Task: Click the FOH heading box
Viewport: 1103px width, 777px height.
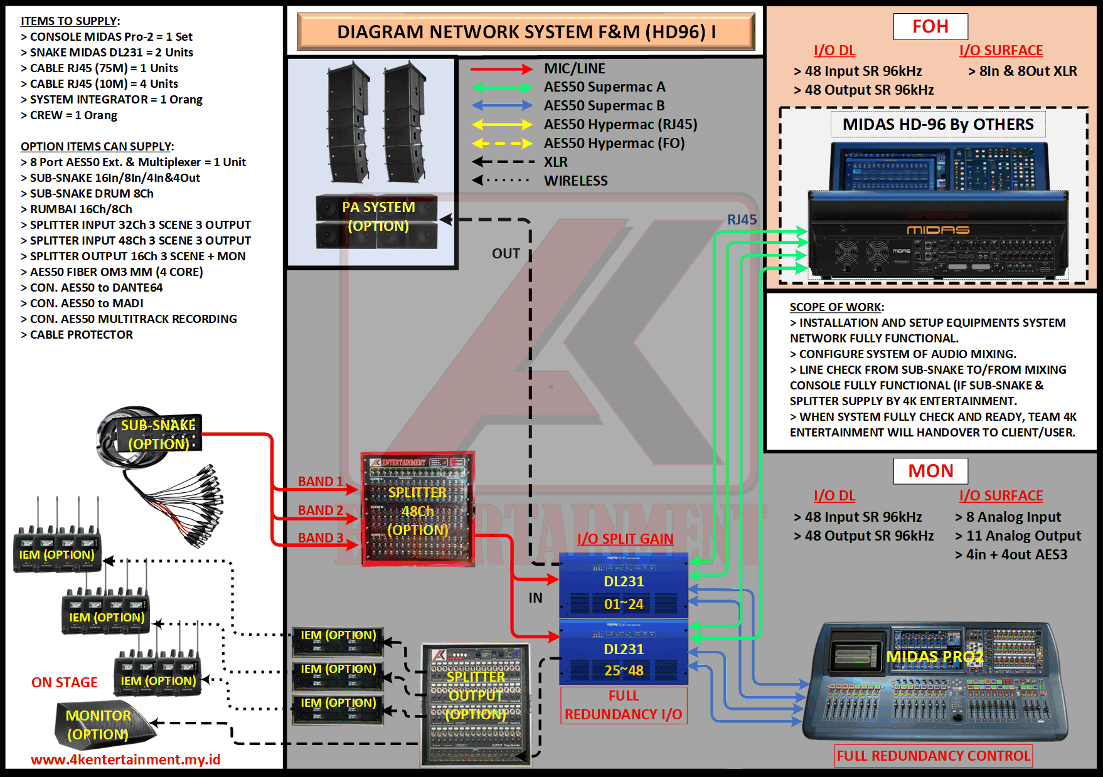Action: coord(930,27)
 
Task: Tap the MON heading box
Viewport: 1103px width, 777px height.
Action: coord(930,471)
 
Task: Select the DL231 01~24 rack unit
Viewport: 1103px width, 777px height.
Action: coord(624,586)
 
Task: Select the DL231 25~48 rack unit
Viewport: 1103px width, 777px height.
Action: coord(624,653)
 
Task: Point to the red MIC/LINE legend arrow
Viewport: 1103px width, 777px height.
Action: coord(501,69)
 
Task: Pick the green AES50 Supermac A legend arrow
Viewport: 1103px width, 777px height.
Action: coord(501,88)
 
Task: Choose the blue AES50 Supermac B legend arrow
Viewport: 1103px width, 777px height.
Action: coord(501,106)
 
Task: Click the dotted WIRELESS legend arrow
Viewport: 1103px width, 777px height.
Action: coord(501,181)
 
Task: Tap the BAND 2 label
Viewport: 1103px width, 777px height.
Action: coord(321,510)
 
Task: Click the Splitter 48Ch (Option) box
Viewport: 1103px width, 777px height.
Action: coord(418,509)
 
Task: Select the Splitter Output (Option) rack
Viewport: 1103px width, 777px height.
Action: coord(476,704)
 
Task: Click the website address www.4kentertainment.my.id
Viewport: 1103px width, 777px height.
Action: coord(125,759)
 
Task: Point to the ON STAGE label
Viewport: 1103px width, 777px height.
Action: coord(65,682)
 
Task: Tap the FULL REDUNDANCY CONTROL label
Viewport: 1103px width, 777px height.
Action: coord(934,756)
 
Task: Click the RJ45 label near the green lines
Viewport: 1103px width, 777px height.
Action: coord(742,220)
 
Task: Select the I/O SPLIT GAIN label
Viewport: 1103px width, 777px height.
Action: coord(625,539)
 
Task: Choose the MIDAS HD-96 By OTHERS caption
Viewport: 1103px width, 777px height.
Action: coord(938,124)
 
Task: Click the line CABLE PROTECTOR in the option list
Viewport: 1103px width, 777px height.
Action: coord(81,335)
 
